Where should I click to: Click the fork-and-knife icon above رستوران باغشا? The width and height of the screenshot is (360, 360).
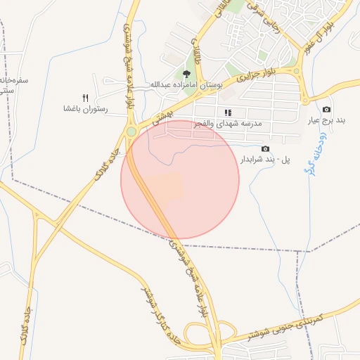pyautogui.click(x=86, y=98)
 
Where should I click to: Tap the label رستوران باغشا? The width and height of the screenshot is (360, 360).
pyautogui.click(x=86, y=109)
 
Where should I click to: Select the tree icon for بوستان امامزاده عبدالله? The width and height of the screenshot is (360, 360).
pyautogui.click(x=186, y=73)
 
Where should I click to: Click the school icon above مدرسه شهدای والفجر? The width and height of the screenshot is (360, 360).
pyautogui.click(x=227, y=112)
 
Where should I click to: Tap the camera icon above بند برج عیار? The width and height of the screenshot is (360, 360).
pyautogui.click(x=326, y=110)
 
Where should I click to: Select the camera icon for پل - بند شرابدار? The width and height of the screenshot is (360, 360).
pyautogui.click(x=265, y=148)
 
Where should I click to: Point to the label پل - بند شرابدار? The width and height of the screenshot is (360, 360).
pyautogui.click(x=265, y=160)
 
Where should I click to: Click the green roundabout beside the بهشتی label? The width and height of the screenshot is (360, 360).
pyautogui.click(x=131, y=132)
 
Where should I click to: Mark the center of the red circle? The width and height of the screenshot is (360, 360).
pyautogui.click(x=180, y=180)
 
